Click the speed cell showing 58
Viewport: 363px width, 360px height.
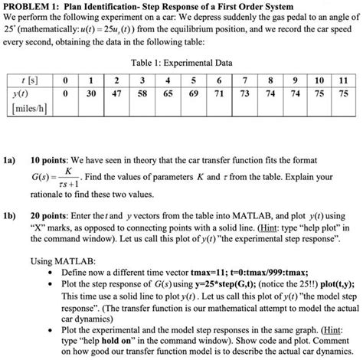[x=142, y=93]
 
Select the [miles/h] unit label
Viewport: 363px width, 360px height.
[x=31, y=107]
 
